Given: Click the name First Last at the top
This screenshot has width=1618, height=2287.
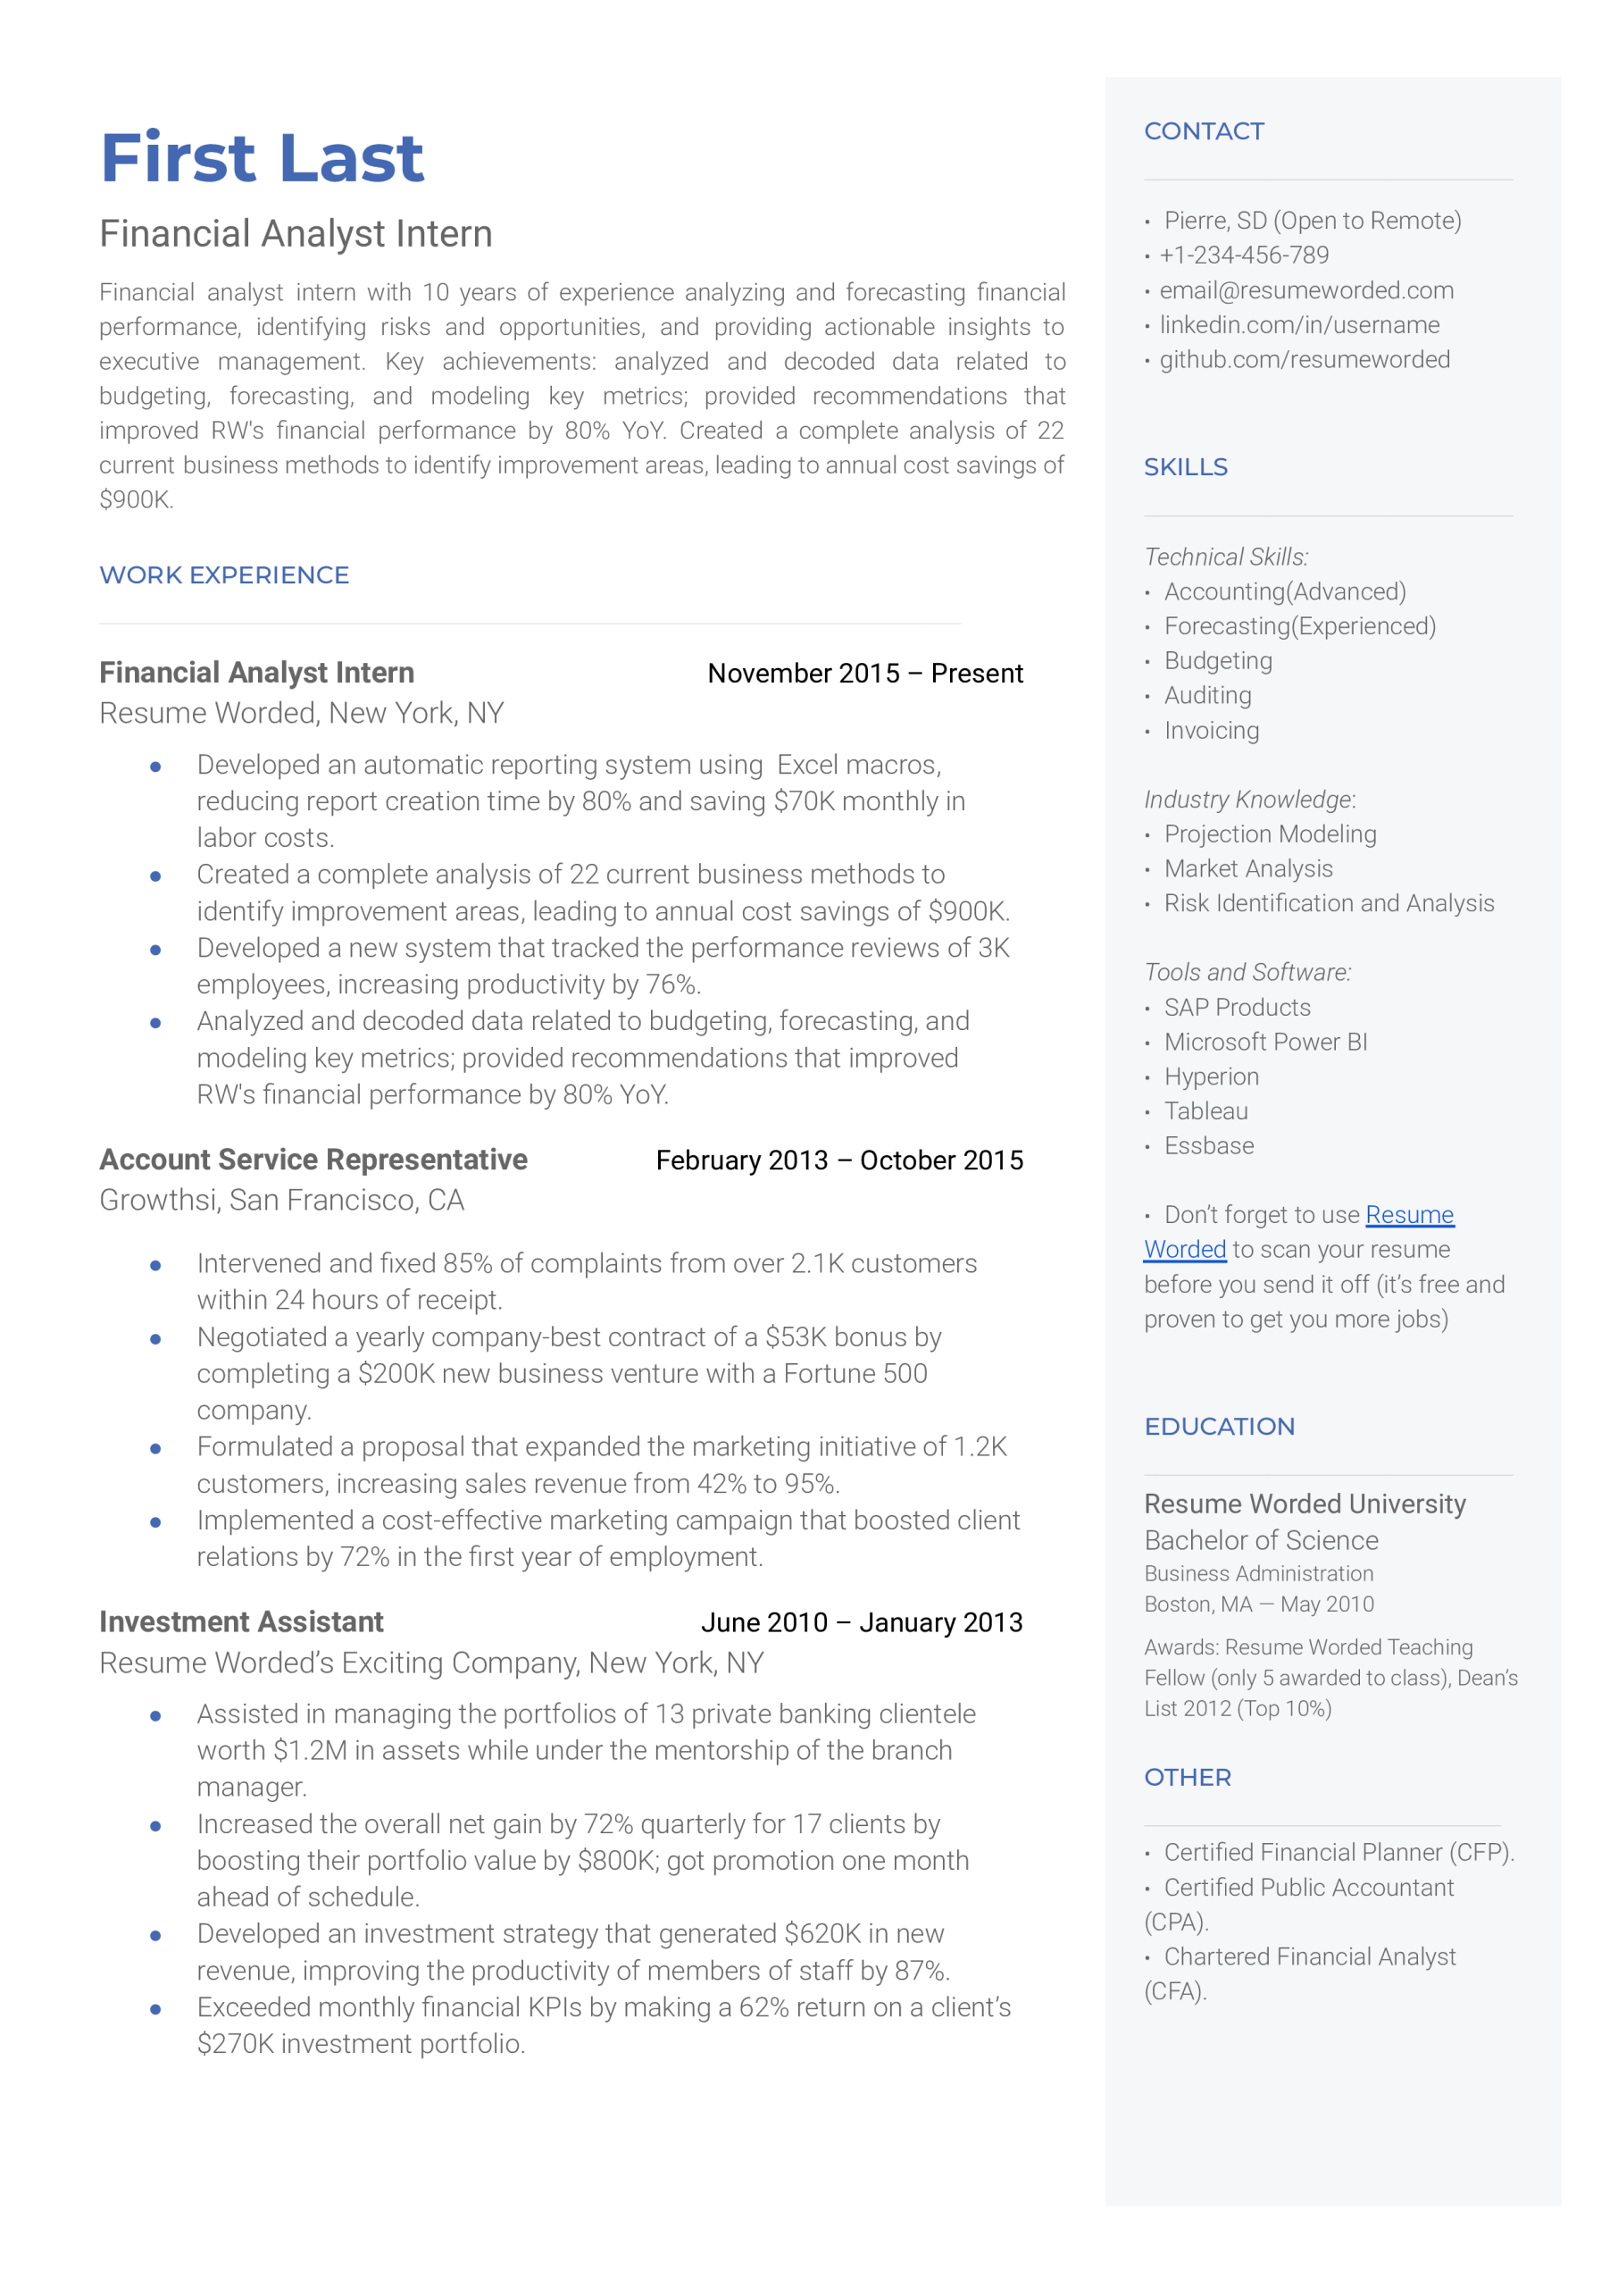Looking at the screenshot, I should [262, 157].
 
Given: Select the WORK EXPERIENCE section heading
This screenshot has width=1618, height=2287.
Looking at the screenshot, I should [224, 575].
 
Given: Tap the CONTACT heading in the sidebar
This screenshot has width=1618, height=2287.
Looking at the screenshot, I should [1204, 131].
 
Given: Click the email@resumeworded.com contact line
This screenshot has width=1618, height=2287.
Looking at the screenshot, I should [1305, 290].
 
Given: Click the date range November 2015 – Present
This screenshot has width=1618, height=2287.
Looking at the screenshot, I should [864, 674].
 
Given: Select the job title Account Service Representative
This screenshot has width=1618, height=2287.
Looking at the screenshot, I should [313, 1160].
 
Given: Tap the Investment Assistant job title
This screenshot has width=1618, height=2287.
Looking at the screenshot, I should [241, 1622].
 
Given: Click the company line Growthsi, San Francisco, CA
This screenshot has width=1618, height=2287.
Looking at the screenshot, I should [282, 1200].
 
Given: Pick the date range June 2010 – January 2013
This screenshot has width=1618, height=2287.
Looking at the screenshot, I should [861, 1622].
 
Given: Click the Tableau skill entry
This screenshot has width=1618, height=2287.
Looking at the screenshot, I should [1205, 1111].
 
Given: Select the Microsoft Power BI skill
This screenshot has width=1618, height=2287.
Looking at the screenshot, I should [1265, 1042].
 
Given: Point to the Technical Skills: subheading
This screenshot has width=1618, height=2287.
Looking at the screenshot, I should [1225, 557].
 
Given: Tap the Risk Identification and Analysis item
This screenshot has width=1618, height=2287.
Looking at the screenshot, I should [1328, 903].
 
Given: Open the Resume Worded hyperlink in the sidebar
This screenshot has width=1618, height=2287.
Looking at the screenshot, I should [1409, 1215].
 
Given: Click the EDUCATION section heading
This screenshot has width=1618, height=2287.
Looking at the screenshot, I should [1219, 1426].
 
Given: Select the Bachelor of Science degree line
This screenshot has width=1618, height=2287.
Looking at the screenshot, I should [1260, 1541].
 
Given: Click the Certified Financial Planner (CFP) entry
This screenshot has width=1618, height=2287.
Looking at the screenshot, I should [1337, 1852].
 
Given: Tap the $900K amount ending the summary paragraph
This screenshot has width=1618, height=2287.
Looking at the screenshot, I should [136, 500].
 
